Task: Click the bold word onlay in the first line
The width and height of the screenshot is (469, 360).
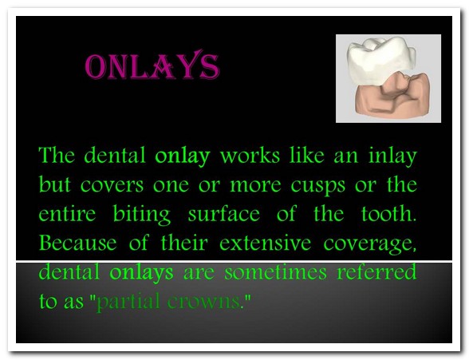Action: click(183, 156)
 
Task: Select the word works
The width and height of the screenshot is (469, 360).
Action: click(250, 155)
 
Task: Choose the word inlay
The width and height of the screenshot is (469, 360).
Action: click(392, 156)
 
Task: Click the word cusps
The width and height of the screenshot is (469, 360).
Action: click(318, 186)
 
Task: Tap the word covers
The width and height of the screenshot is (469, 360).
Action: click(112, 185)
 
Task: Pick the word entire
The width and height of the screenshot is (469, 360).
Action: click(67, 213)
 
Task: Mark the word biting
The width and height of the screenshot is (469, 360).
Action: click(142, 214)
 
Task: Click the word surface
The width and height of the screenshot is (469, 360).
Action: click(224, 213)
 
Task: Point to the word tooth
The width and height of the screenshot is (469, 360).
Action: click(388, 213)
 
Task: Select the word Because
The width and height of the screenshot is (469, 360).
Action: click(78, 243)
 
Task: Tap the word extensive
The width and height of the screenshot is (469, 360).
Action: click(266, 243)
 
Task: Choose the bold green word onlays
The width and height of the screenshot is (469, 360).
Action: click(141, 272)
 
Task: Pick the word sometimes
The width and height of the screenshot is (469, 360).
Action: click(275, 271)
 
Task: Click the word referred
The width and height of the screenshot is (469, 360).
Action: click(376, 271)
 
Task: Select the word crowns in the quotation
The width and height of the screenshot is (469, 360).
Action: click(204, 302)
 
